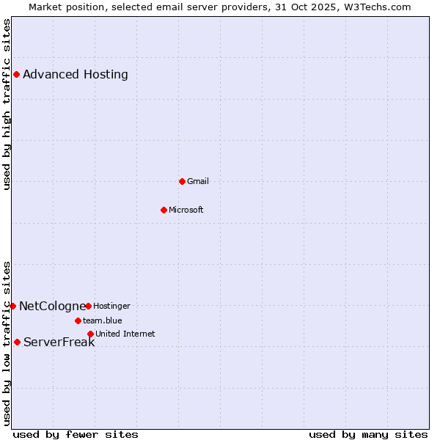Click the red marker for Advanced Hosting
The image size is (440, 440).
click(x=16, y=74)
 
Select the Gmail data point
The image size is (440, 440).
click(x=182, y=181)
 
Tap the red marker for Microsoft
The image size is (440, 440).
click(x=164, y=210)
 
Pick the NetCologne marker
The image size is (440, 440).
click(x=12, y=306)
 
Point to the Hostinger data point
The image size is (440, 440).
click(x=88, y=306)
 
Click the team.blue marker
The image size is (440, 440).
click(x=78, y=320)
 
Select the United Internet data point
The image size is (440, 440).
click(x=90, y=334)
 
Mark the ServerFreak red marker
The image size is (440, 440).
click(x=17, y=342)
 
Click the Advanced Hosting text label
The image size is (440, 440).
click(x=76, y=74)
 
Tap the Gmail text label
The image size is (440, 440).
click(x=198, y=181)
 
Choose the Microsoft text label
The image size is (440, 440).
click(x=186, y=210)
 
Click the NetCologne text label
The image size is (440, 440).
click(x=52, y=306)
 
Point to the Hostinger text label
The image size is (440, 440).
click(x=111, y=306)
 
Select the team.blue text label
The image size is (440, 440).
click(x=103, y=320)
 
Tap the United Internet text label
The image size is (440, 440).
click(x=125, y=334)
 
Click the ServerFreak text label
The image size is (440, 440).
click(x=59, y=342)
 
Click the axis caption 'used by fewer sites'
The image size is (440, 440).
click(x=76, y=434)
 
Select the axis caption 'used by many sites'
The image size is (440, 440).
click(x=368, y=434)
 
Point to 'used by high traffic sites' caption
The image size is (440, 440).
click(x=7, y=104)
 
